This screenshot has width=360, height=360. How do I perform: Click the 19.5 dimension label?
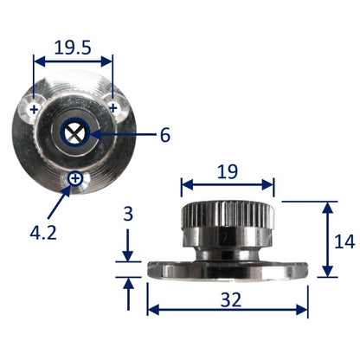click(x=73, y=48)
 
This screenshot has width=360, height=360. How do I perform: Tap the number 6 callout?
click(x=165, y=135)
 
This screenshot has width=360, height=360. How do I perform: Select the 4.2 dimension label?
click(x=43, y=233)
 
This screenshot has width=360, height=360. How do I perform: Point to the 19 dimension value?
click(x=228, y=171)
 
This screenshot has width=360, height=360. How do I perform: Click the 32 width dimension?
click(x=231, y=299)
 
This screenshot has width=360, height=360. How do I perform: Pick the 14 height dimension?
click(x=344, y=241)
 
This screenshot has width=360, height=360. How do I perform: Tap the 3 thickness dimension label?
click(x=128, y=214)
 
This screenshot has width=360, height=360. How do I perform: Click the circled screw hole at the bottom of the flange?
click(x=75, y=178)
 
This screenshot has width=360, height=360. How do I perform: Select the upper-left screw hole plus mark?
click(x=35, y=109)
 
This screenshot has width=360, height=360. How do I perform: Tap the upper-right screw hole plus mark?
click(x=113, y=108)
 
